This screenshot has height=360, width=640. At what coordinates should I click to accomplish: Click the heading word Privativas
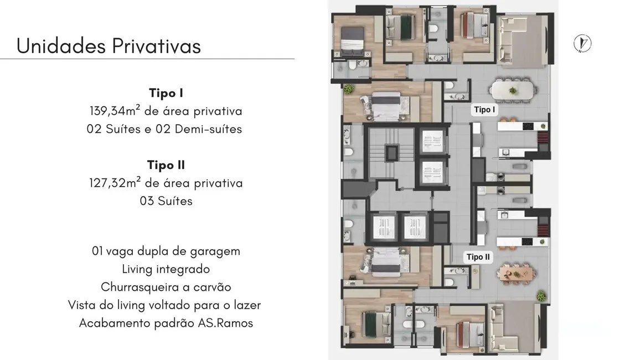[x=157, y=47]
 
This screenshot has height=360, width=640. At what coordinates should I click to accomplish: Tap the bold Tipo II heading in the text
[x=166, y=165]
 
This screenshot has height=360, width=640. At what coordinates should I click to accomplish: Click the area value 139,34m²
[x=116, y=111]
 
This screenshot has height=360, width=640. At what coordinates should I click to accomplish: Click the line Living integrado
[x=166, y=269]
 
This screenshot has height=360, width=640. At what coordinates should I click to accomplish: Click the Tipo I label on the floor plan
[x=484, y=110]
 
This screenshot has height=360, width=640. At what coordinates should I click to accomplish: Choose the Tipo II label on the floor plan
[x=478, y=257]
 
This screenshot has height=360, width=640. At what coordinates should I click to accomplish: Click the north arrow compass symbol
[x=582, y=44]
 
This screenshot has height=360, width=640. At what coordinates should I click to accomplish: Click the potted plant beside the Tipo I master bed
[x=348, y=89]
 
